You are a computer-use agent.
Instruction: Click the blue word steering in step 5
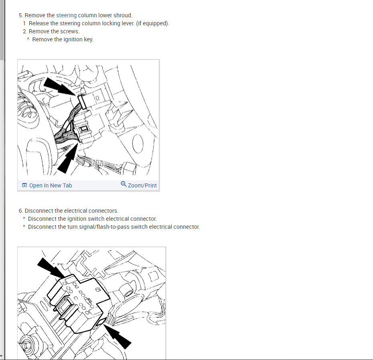(x=66, y=15)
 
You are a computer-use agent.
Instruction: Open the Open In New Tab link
(x=51, y=185)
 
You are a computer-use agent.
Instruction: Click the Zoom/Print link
(x=142, y=185)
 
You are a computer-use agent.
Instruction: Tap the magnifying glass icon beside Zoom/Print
(x=124, y=184)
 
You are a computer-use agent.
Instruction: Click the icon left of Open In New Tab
(x=24, y=185)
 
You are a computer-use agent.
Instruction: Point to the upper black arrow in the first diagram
(x=60, y=86)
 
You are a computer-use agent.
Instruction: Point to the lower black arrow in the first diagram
(x=68, y=158)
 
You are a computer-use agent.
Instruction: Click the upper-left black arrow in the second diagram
(x=51, y=268)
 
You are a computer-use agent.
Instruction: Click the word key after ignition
(x=89, y=39)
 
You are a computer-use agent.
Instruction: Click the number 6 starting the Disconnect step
(x=21, y=211)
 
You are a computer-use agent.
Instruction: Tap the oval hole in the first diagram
(x=138, y=144)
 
